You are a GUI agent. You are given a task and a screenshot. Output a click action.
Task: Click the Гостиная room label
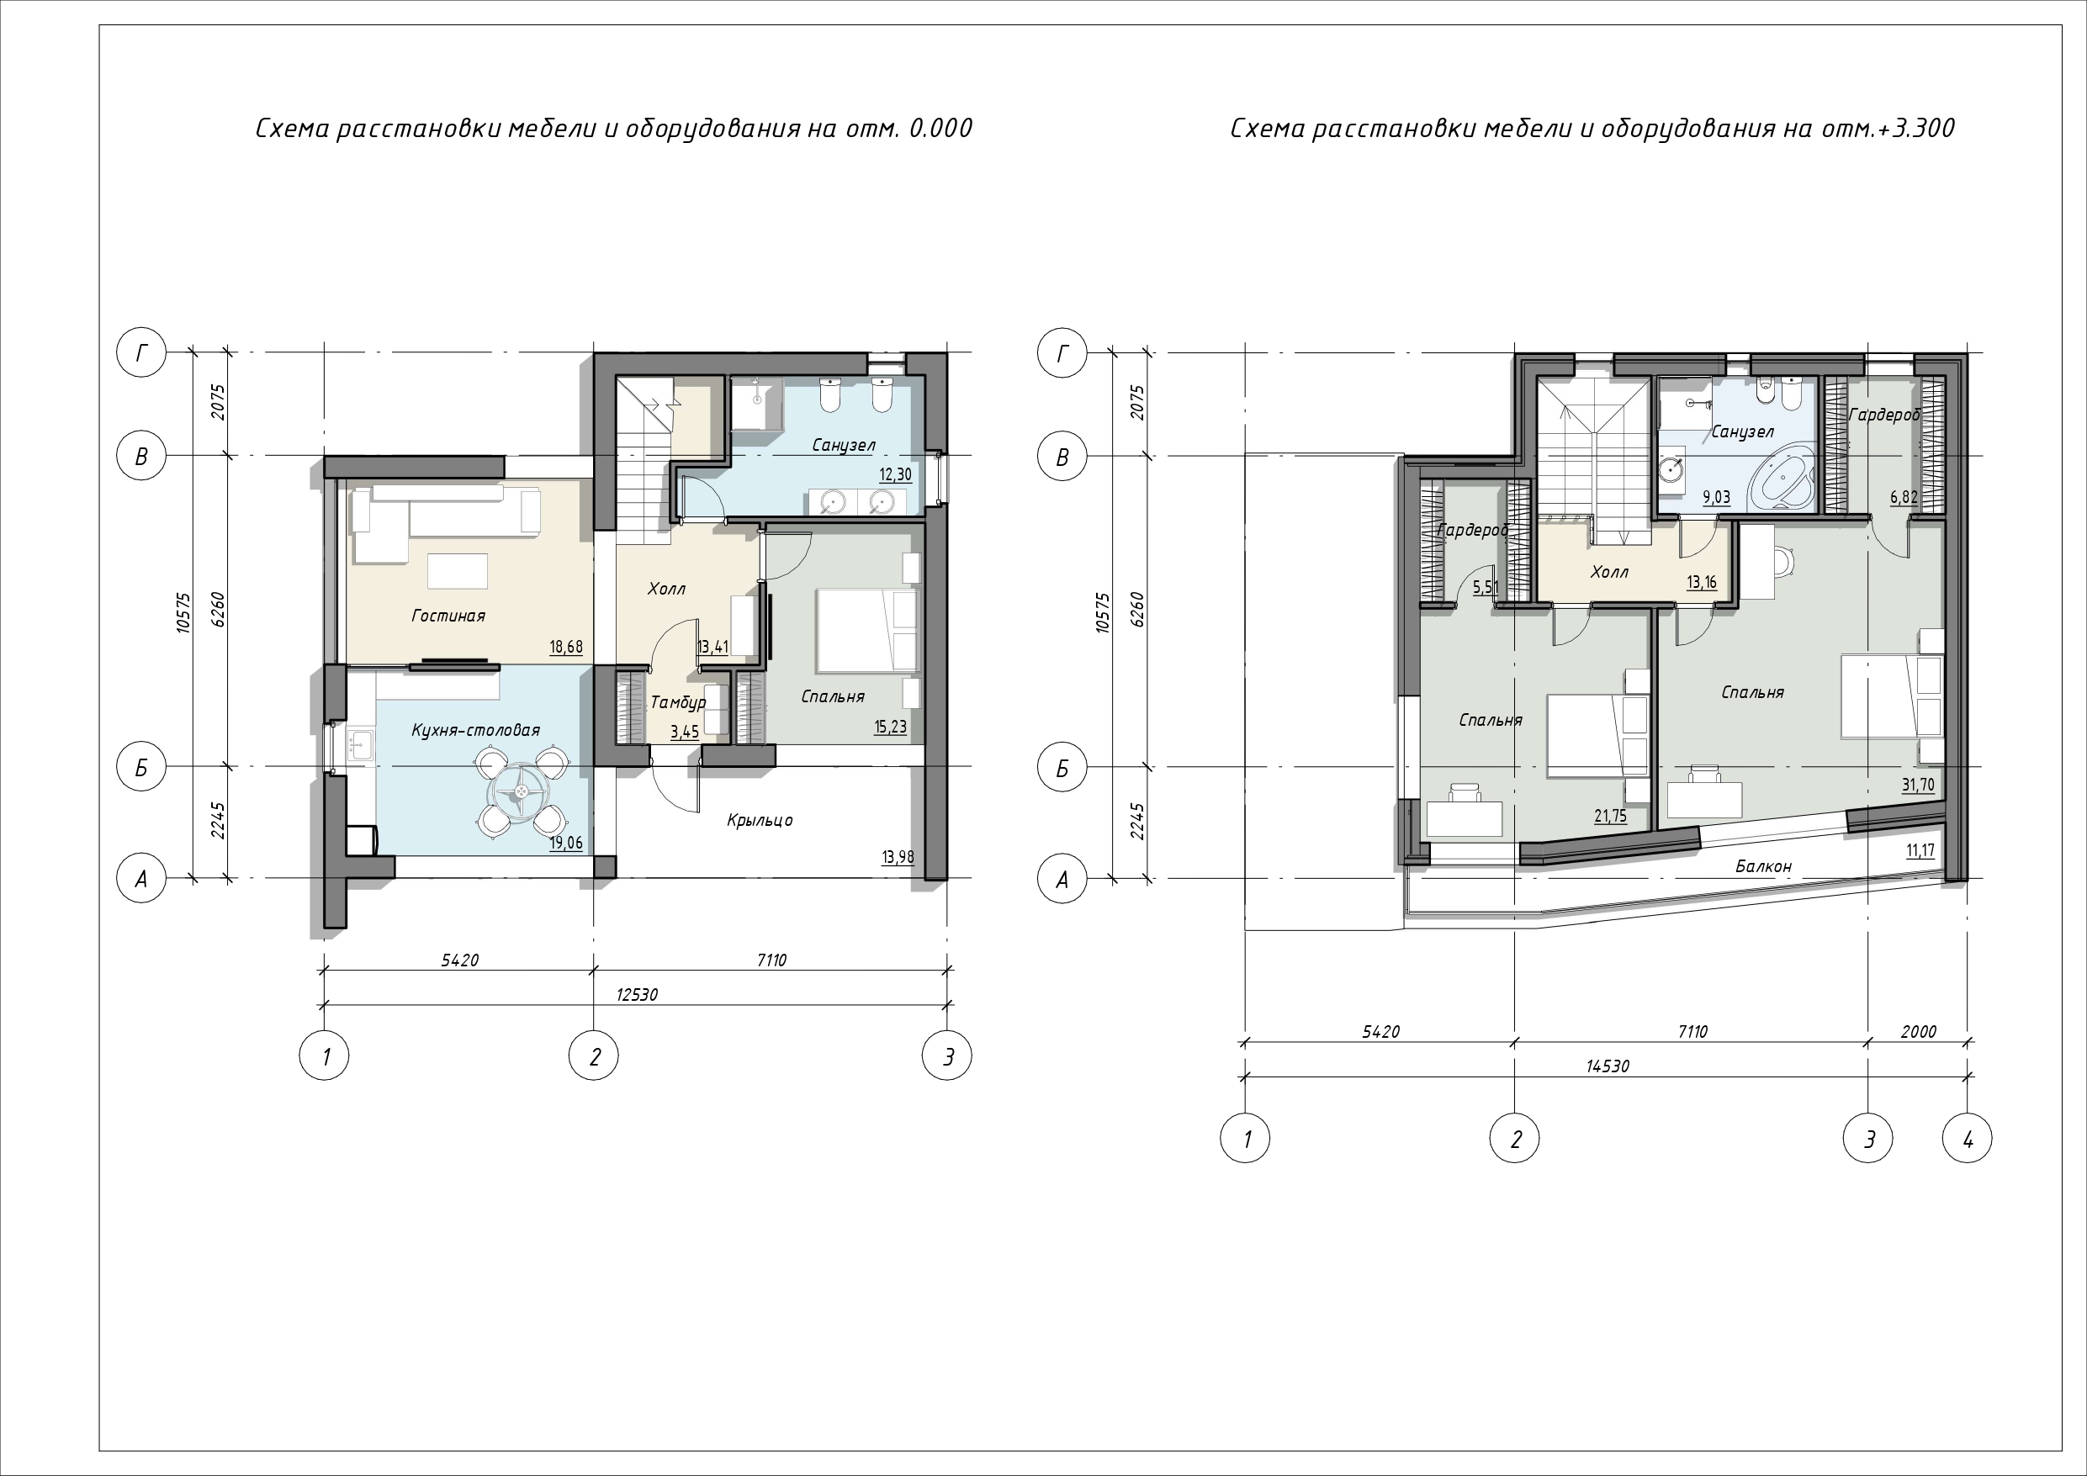click(x=448, y=616)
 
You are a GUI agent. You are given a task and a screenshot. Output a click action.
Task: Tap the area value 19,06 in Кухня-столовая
click(x=565, y=844)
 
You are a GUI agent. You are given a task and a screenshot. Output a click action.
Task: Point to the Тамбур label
click(x=678, y=702)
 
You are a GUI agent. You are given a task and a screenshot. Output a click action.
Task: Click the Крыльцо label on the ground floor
click(x=759, y=821)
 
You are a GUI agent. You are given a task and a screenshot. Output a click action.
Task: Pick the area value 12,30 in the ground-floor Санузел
click(x=894, y=474)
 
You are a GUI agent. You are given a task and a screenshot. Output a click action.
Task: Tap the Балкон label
click(x=1763, y=866)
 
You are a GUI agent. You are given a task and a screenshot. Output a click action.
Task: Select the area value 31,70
click(x=1918, y=786)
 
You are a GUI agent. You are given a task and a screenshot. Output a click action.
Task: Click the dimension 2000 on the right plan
click(x=1918, y=1032)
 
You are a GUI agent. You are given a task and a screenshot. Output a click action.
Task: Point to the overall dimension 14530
click(x=1607, y=1066)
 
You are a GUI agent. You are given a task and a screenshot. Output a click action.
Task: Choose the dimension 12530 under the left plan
click(x=636, y=994)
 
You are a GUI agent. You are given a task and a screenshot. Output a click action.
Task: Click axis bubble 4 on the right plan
click(x=1967, y=1138)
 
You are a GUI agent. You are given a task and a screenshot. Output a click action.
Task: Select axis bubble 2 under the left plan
click(x=594, y=1056)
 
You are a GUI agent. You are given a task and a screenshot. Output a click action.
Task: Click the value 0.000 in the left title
click(x=940, y=128)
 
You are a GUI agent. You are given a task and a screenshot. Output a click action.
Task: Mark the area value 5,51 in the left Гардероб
click(x=1486, y=587)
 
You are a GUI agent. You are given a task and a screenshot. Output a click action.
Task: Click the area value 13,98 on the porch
click(x=898, y=857)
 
